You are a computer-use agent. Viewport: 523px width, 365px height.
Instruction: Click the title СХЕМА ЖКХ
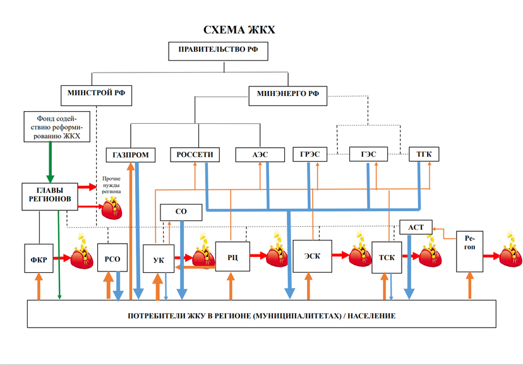(239, 30)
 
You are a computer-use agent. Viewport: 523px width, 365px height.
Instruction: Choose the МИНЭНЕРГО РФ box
(287, 95)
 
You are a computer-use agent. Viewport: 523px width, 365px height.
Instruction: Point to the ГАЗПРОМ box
(131, 155)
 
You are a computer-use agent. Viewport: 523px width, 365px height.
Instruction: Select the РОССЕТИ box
(195, 155)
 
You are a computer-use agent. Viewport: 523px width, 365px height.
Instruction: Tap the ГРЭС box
(310, 154)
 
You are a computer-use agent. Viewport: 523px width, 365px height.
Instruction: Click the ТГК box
(424, 154)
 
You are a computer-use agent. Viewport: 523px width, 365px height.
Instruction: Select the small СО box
(181, 212)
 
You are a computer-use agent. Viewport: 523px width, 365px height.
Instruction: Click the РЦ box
(231, 256)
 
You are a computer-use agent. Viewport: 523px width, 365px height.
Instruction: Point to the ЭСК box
(312, 256)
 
